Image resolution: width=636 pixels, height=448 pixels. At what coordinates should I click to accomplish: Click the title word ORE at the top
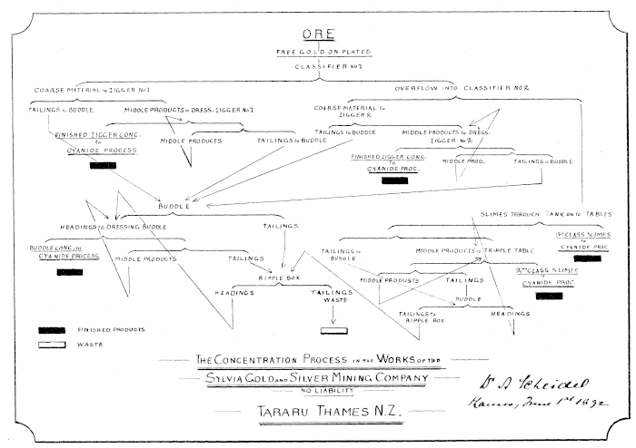(x=318, y=35)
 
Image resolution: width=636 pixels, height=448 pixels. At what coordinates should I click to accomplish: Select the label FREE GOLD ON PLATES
(x=318, y=53)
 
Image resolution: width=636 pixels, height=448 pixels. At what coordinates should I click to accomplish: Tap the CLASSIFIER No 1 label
(x=318, y=67)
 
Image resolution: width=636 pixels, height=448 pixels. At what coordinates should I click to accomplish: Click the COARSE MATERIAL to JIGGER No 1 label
(x=92, y=91)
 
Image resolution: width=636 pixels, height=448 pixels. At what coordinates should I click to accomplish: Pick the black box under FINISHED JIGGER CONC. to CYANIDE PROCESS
(x=103, y=166)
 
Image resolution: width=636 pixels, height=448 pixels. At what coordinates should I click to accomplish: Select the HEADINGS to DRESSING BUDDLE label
(x=114, y=225)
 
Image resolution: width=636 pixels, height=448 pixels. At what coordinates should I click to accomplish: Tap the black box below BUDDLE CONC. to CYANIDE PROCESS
(x=69, y=271)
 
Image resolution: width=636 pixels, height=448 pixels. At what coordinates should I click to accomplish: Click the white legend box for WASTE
(x=53, y=346)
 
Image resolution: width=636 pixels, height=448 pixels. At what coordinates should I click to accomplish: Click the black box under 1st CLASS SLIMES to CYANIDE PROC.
(x=587, y=259)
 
